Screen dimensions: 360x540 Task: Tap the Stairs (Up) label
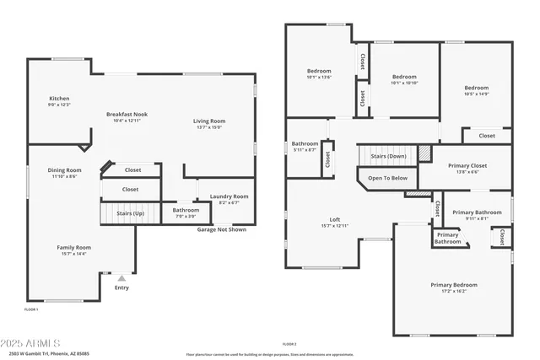click(x=130, y=214)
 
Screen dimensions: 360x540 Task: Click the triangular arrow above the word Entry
click(x=121, y=277)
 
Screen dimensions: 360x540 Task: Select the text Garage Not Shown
click(x=222, y=229)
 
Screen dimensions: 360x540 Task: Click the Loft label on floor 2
click(x=335, y=222)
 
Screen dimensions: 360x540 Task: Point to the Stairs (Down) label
click(x=388, y=157)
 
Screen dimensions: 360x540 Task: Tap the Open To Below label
click(x=387, y=178)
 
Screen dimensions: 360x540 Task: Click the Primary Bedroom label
click(x=452, y=287)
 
